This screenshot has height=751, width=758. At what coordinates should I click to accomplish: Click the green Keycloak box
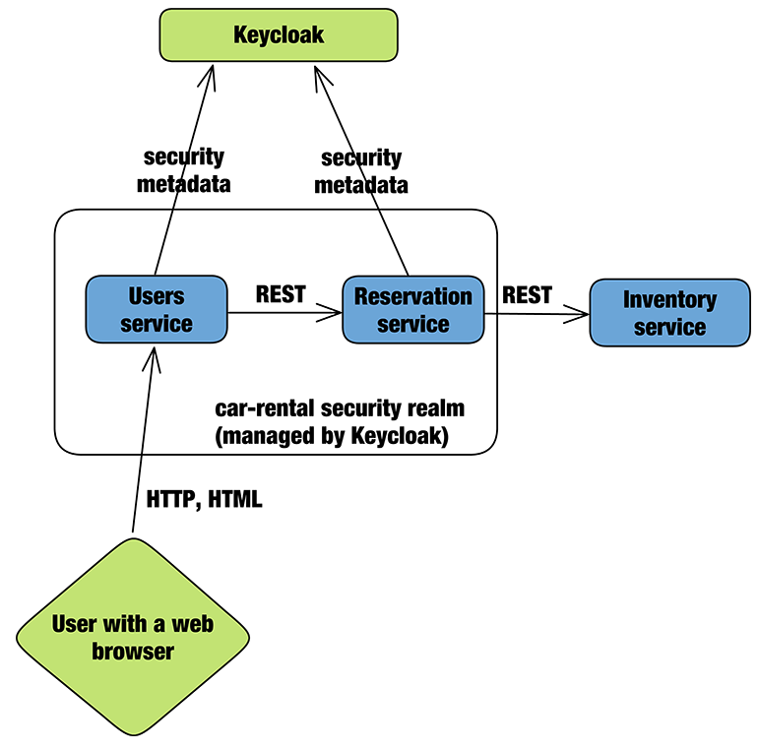pos(279,35)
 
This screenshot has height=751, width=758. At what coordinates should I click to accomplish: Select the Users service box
pos(157,309)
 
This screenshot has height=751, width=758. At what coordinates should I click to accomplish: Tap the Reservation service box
pos(413,309)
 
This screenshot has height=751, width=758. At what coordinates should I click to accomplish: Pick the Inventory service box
pos(669,313)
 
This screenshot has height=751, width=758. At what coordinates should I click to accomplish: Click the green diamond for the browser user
pos(133,637)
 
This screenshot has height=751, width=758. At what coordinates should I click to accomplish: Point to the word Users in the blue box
pos(157,296)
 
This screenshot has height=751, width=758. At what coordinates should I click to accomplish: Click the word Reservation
pos(413,296)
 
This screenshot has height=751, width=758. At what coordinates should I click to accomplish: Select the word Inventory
pos(669,300)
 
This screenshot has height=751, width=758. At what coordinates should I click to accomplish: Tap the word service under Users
pos(157,324)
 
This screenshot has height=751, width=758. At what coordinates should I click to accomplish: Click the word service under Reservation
pos(413,324)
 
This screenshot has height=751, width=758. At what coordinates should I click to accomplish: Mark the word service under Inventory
pos(669,328)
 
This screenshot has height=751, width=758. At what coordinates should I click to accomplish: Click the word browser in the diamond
pos(133,652)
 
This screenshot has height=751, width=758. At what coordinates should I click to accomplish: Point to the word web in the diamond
pos(193,624)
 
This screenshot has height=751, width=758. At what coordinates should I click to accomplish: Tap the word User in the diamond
pos(74,624)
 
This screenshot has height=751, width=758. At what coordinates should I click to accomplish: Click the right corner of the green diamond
pos(246,637)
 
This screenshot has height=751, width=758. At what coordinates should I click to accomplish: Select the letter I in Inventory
pos(626,300)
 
